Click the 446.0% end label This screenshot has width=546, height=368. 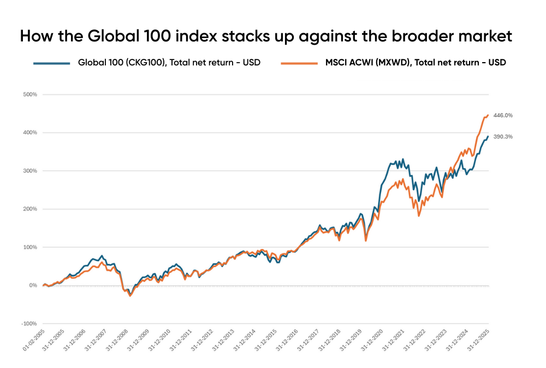[503, 116]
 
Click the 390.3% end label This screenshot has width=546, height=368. [503, 137]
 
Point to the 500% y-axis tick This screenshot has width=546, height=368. [29, 94]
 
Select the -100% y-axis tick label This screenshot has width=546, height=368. [29, 324]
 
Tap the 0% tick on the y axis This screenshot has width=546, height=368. [32, 285]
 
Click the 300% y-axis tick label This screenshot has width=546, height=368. [29, 171]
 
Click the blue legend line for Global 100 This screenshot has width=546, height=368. [52, 63]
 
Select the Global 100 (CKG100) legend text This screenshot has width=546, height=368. [169, 63]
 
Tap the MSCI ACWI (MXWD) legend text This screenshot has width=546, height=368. [414, 63]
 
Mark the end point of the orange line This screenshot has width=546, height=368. [488, 115]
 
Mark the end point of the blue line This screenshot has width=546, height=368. [488, 136]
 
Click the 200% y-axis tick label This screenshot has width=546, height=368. [29, 209]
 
